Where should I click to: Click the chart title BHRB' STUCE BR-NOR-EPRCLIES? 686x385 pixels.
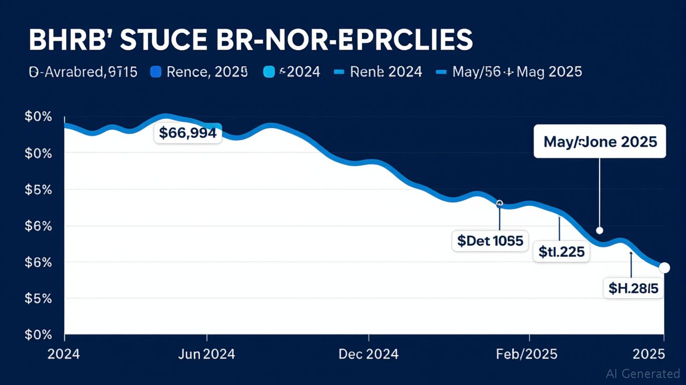tap(250, 40)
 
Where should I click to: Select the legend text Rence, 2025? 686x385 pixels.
tap(207, 72)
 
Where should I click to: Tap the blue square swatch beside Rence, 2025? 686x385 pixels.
tap(156, 72)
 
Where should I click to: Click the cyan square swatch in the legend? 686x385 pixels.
tap(269, 72)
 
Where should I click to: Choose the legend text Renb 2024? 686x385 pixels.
tap(386, 72)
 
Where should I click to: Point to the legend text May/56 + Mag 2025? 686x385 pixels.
tap(517, 72)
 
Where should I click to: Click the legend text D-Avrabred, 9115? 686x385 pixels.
tap(83, 72)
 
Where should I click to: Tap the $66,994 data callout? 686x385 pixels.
tap(188, 133)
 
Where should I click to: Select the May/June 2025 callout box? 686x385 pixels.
tap(600, 141)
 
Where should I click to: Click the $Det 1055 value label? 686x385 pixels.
tap(490, 241)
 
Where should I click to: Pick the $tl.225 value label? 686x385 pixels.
tap(562, 251)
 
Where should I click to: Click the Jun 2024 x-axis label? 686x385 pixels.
tap(207, 354)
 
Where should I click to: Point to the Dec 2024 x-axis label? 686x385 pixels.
tap(369, 354)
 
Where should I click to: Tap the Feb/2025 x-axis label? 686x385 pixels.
tap(527, 354)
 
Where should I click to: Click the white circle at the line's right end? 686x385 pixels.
tap(664, 268)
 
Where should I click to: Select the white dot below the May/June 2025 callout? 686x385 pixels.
tap(599, 231)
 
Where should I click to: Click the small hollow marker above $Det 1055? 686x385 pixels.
tap(499, 204)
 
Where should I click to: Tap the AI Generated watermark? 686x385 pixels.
tap(643, 373)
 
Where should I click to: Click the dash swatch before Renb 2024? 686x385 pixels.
tap(339, 72)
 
